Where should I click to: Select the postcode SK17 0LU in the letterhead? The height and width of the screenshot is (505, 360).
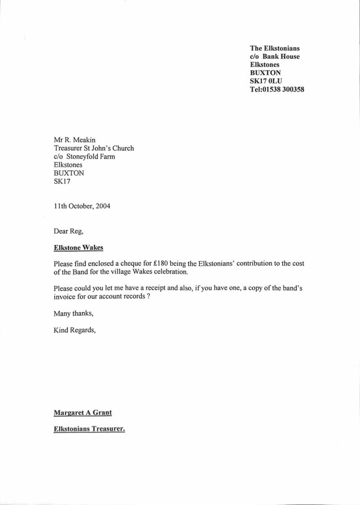(x=266, y=81)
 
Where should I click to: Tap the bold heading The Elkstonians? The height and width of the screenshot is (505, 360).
(x=275, y=48)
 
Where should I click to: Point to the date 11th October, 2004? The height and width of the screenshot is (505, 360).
(x=82, y=206)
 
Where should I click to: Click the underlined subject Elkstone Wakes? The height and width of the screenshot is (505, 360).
(x=78, y=247)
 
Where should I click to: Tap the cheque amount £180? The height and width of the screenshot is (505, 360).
(x=158, y=263)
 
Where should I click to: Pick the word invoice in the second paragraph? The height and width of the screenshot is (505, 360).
(x=66, y=297)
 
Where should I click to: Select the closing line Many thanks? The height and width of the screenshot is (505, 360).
(x=73, y=313)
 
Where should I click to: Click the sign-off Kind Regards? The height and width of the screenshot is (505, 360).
(x=75, y=330)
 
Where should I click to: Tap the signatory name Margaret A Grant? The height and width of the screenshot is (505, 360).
(x=83, y=412)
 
